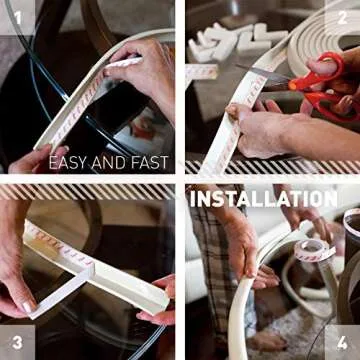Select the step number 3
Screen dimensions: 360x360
[15, 342]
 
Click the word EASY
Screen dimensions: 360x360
[70, 161]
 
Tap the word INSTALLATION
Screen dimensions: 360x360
[262, 199]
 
